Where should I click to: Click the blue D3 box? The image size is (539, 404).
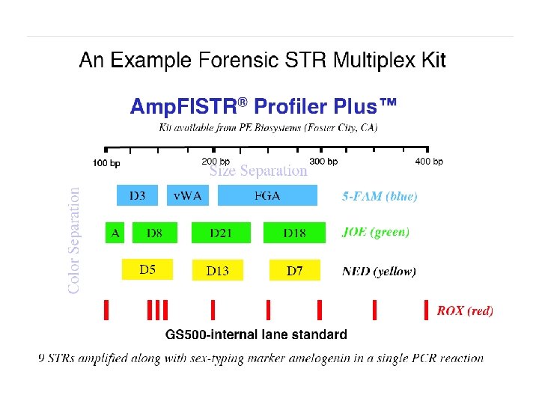(x=138, y=196)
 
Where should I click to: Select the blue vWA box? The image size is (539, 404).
(x=187, y=196)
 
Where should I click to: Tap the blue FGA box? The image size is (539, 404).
(x=267, y=196)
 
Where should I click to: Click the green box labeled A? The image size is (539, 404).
(x=115, y=233)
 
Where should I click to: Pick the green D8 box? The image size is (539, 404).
(x=154, y=233)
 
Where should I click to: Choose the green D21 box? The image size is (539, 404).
(x=221, y=233)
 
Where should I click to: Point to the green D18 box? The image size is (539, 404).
(x=294, y=233)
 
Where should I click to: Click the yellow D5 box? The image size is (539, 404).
(x=147, y=269)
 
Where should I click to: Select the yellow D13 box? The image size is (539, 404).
(x=218, y=270)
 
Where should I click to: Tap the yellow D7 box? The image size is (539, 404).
(x=295, y=270)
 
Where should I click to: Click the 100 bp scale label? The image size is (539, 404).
(x=106, y=162)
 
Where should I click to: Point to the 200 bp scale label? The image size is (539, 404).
(x=216, y=161)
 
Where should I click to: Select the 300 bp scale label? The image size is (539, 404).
(x=323, y=161)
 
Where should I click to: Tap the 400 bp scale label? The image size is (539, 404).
(x=429, y=161)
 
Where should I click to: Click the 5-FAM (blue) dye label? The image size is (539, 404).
(x=380, y=197)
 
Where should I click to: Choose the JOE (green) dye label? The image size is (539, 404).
(x=376, y=232)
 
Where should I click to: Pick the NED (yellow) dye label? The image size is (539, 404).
(x=379, y=271)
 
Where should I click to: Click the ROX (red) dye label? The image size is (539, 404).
(x=465, y=310)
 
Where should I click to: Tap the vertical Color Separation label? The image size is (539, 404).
(x=75, y=239)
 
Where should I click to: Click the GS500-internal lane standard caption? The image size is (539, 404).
(x=256, y=334)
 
